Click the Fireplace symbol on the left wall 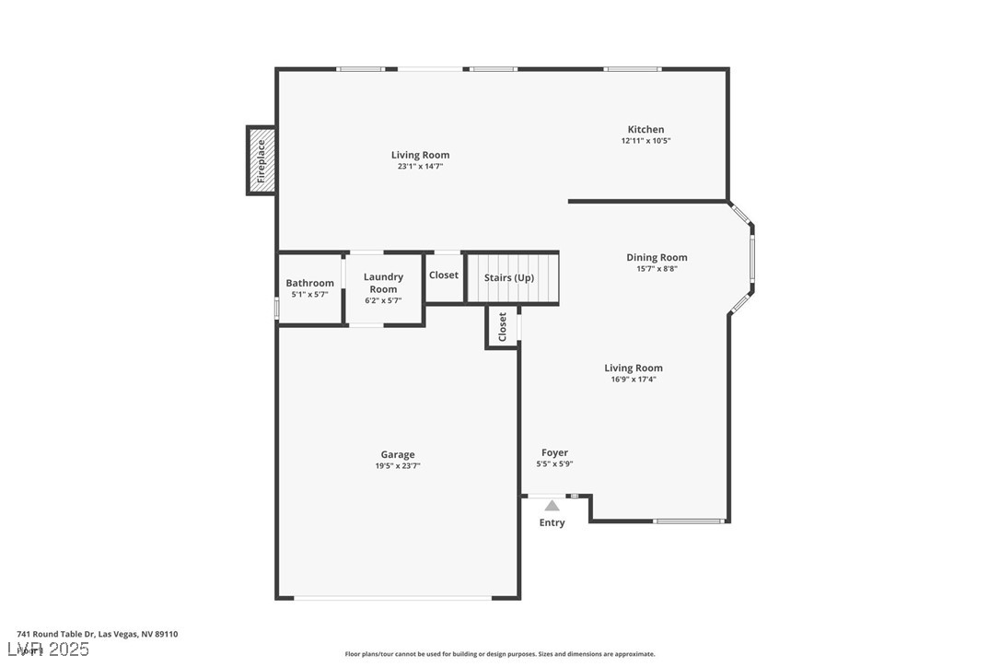tap(261, 160)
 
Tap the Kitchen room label tap(645, 130)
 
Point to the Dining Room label tap(657, 258)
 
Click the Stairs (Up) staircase tap(512, 278)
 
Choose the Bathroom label tap(309, 283)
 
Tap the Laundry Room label tap(383, 283)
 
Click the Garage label tap(398, 454)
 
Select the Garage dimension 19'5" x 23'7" tap(398, 466)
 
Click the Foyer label tap(554, 452)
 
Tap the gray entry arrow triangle tap(552, 505)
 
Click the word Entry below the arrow tap(552, 522)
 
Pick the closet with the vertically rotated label tap(502, 327)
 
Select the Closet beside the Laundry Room tap(443, 275)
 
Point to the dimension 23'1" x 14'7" tap(420, 167)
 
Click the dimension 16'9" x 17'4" tap(634, 379)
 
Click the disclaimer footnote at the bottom tap(500, 654)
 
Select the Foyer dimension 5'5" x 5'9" tap(554, 464)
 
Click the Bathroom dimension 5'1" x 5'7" tap(309, 294)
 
